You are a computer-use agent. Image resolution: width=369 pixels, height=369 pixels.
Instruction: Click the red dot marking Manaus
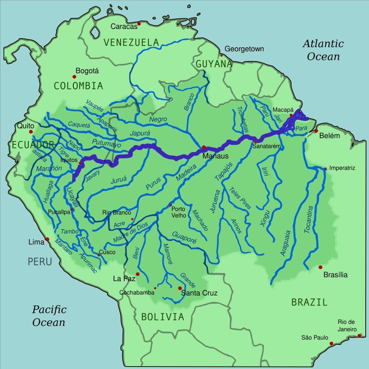point(204,148)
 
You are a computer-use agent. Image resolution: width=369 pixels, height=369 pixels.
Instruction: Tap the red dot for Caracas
point(139,24)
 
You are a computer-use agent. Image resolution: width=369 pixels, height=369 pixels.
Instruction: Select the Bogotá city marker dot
point(75,77)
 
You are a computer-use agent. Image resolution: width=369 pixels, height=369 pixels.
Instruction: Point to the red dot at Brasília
point(320,267)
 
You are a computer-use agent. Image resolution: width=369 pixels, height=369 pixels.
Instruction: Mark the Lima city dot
point(47,239)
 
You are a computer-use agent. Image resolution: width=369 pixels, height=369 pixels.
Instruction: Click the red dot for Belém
point(316,131)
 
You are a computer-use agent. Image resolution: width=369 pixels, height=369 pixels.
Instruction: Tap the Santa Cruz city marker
point(180,288)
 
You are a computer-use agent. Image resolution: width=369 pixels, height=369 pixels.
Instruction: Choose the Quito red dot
point(30,132)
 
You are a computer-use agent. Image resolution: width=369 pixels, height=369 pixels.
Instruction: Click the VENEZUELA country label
point(131,42)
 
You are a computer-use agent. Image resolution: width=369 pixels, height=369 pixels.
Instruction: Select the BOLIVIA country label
point(163,317)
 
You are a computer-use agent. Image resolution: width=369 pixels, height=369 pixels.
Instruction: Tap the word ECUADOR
point(33,144)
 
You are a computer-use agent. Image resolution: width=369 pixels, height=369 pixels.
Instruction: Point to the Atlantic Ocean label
point(323,50)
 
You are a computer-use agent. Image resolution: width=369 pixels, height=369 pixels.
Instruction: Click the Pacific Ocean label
point(49,316)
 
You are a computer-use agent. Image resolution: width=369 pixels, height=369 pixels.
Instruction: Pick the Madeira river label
point(187,173)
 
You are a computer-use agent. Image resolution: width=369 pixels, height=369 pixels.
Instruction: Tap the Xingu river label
point(265,217)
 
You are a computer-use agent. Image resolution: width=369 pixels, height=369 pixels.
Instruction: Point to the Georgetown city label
point(244,49)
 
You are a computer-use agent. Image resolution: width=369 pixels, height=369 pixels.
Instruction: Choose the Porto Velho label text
point(178,212)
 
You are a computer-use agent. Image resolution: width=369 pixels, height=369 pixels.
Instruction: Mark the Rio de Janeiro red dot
point(359,336)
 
